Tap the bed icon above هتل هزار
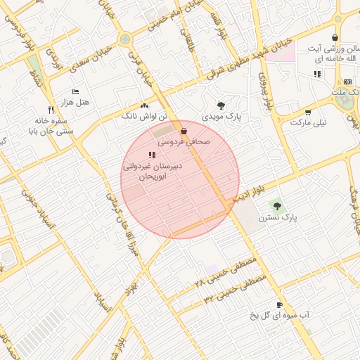coord(76,92)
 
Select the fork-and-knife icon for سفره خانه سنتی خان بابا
coord(51,110)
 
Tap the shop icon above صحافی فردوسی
coord(184,131)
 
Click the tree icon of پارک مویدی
coord(221,105)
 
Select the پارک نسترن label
coord(278,218)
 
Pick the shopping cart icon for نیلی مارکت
coord(308,112)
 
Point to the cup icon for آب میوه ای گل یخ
coord(280,304)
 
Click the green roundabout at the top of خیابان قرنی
coord(125,39)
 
